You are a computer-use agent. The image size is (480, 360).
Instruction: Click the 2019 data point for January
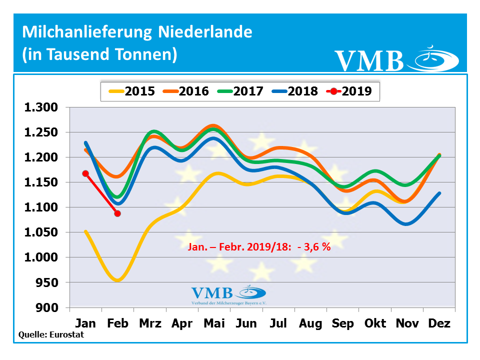(85, 173)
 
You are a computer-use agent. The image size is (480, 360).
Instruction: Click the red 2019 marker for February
(117, 213)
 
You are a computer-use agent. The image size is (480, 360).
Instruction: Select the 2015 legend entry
(132, 91)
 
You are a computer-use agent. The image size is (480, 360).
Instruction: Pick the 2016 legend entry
(185, 91)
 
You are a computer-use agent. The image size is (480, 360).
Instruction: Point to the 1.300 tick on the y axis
(41, 107)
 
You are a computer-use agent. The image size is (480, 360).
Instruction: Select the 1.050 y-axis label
(41, 232)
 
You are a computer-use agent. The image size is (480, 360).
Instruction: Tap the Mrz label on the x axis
(150, 323)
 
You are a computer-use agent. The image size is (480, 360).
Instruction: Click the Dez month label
(439, 323)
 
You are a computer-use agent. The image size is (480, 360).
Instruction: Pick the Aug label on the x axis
(310, 323)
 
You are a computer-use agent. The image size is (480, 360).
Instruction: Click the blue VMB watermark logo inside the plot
(227, 294)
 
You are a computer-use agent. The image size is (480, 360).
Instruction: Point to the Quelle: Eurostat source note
(51, 334)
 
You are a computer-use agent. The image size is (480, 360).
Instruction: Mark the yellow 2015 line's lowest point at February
(117, 280)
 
